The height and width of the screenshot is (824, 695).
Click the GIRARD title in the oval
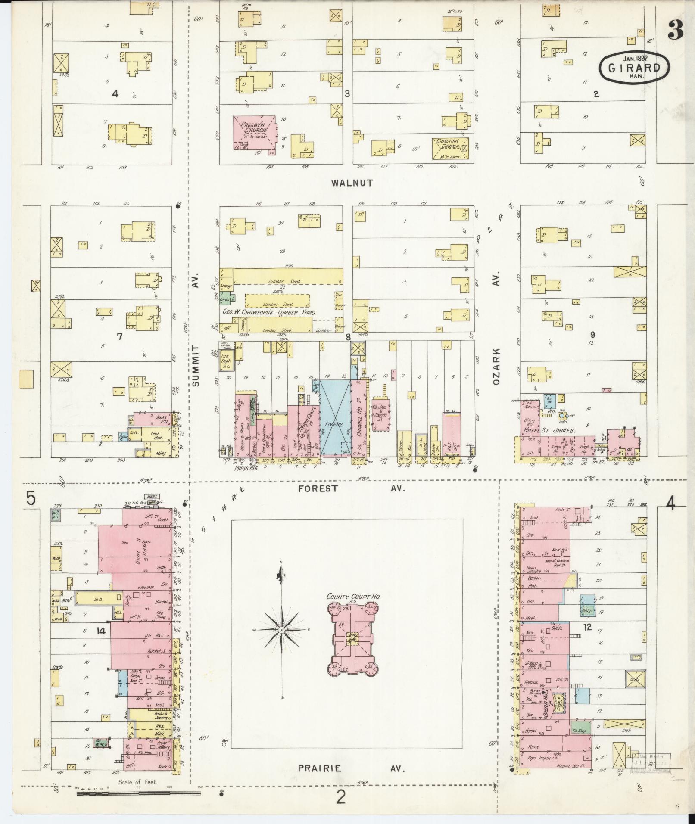pos(634,68)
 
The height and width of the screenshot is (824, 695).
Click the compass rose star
pos(281,630)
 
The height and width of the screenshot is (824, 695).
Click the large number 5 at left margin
pos(30,499)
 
